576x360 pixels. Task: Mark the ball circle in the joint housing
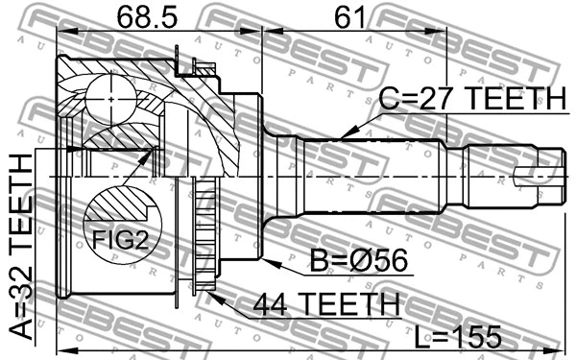click(x=110, y=98)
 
